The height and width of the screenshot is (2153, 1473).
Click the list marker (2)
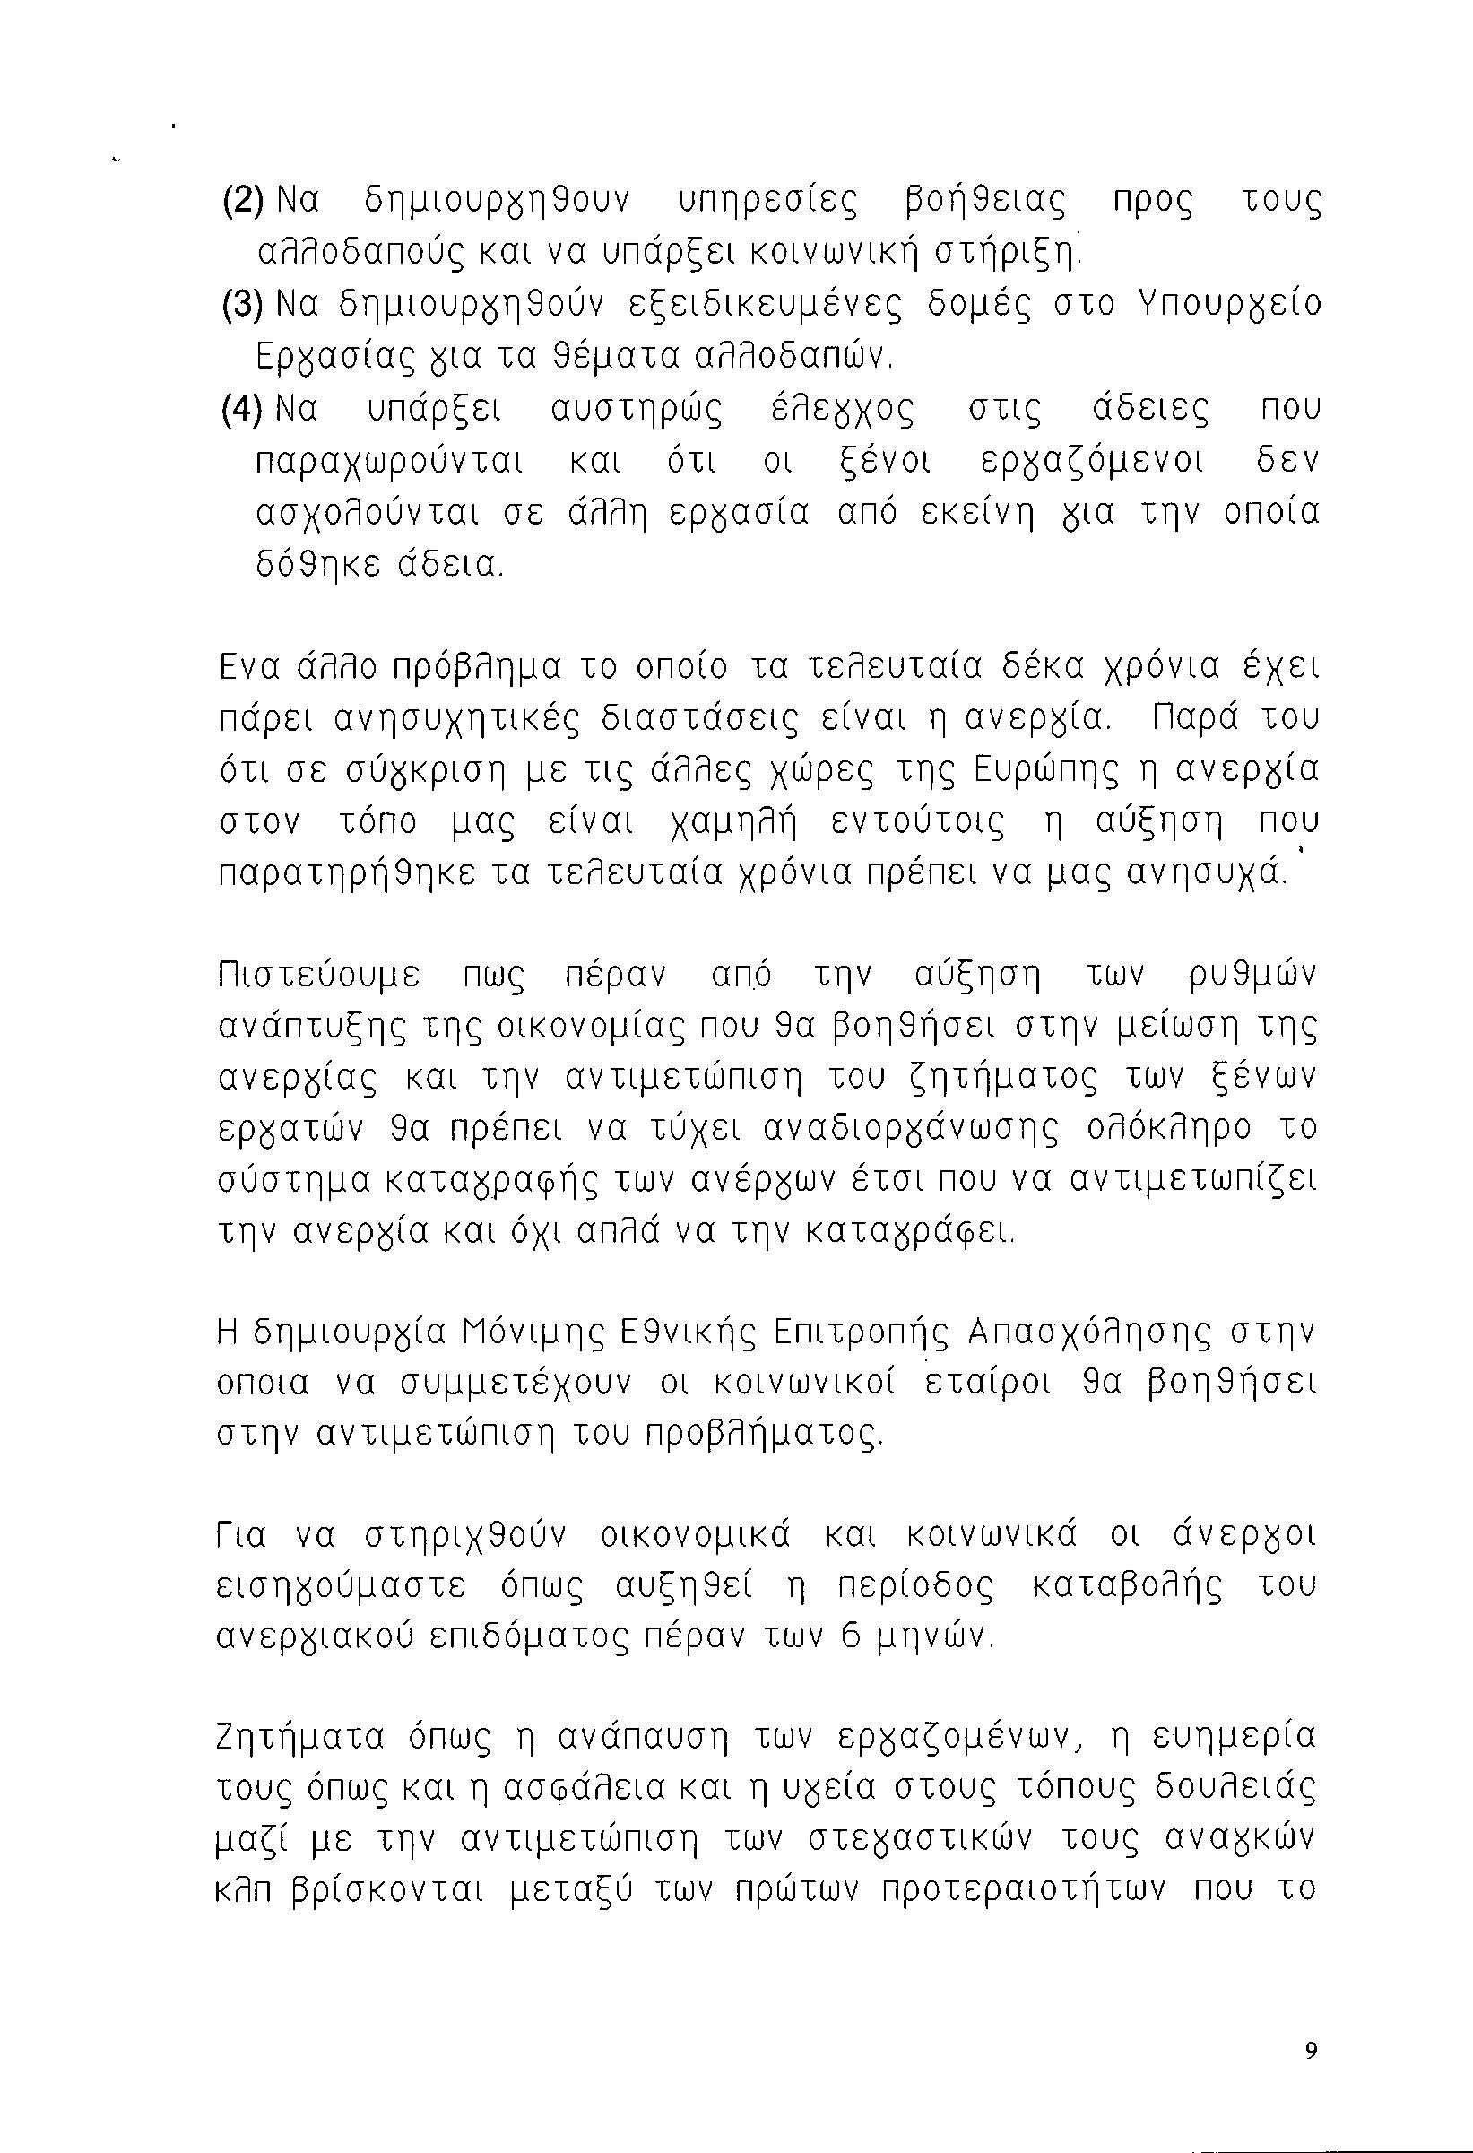tap(243, 200)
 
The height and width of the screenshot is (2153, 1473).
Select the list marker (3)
tap(243, 305)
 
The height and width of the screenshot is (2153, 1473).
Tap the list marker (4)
tap(243, 410)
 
